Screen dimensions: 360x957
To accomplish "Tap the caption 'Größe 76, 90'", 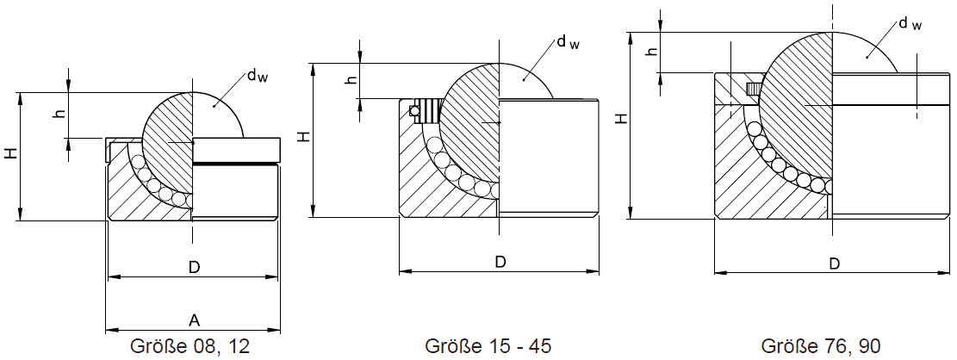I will [821, 346].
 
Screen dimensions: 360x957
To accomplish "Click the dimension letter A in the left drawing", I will [195, 320].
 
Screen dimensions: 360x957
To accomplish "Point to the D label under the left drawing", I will [194, 268].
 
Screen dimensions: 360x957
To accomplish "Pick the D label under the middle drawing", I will [500, 262].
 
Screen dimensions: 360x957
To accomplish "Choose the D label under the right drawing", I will [834, 264].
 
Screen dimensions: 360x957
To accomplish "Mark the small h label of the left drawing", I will [59, 114].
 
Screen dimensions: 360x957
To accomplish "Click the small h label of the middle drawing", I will [349, 80].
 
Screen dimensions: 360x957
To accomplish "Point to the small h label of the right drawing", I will [652, 52].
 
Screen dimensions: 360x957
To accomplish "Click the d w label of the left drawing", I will [257, 76].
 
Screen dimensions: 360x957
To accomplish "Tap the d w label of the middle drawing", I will [567, 42].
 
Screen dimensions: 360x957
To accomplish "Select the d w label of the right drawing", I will [910, 23].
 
